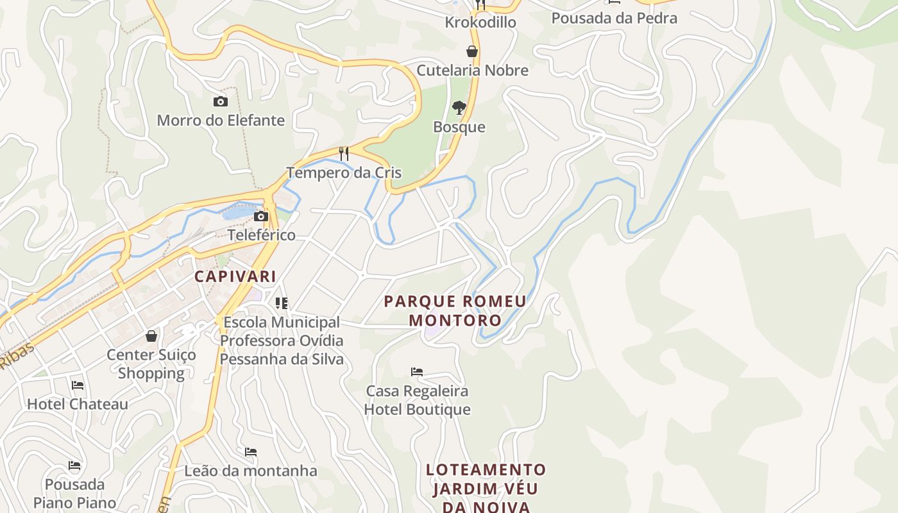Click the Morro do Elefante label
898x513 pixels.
click(221, 120)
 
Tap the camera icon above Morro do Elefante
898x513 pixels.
click(220, 101)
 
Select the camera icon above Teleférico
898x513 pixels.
click(261, 216)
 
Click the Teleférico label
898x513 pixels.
click(262, 235)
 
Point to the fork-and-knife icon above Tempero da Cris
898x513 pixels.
click(344, 153)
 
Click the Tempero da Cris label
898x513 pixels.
click(344, 172)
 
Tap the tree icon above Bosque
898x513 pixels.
click(459, 107)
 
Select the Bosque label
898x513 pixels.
click(459, 127)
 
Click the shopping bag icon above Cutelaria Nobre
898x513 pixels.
click(472, 51)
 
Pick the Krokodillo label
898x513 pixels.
click(480, 22)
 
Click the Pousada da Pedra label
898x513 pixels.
click(614, 18)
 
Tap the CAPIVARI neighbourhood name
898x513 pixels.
click(235, 276)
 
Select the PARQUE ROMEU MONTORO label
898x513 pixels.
click(455, 310)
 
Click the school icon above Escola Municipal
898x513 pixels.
click(282, 303)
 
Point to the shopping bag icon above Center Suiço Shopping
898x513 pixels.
click(151, 336)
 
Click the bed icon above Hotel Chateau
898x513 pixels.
click(78, 385)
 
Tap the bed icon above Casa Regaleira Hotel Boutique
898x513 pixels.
click(417, 372)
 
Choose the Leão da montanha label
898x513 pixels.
click(251, 471)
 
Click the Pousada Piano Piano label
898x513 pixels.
click(75, 493)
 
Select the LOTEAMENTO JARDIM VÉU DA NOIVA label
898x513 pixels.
click(486, 488)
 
